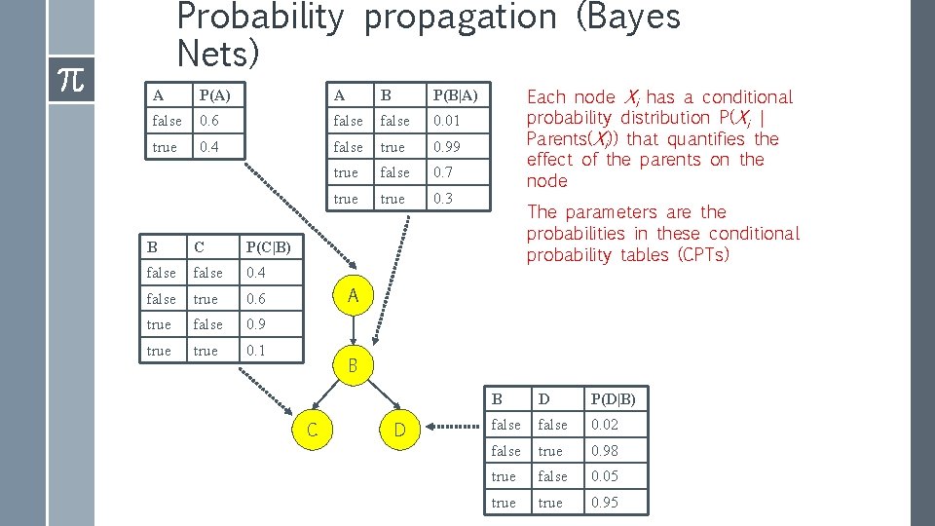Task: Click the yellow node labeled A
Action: pyautogui.click(x=354, y=294)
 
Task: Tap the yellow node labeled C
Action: pyautogui.click(x=312, y=429)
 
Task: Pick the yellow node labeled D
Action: pyautogui.click(x=399, y=429)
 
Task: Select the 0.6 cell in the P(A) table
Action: pyautogui.click(x=209, y=121)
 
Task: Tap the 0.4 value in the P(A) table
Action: pyautogui.click(x=209, y=147)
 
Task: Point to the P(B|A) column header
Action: pyautogui.click(x=455, y=94)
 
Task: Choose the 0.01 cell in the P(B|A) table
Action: pyautogui.click(x=446, y=121)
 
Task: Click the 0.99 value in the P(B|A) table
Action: pyautogui.click(x=446, y=147)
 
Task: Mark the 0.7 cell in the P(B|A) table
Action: pyautogui.click(x=443, y=172)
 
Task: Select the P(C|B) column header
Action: pyautogui.click(x=268, y=246)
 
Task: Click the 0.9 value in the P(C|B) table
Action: pyautogui.click(x=256, y=324)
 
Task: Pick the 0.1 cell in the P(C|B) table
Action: pyautogui.click(x=256, y=351)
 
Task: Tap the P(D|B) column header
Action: pyautogui.click(x=612, y=398)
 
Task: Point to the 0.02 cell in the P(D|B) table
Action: pyautogui.click(x=604, y=425)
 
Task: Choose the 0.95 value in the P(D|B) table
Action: pyautogui.click(x=604, y=503)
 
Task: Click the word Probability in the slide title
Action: pyautogui.click(x=260, y=17)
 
